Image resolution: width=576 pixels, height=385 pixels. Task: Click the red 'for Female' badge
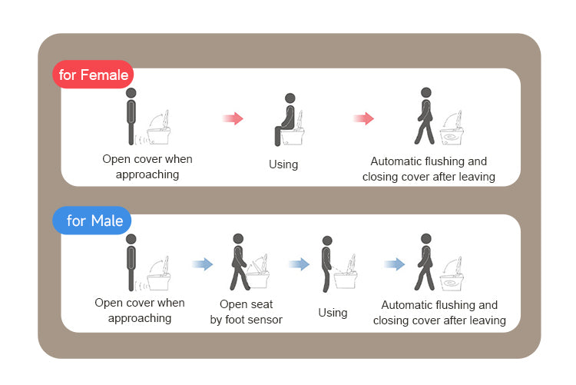click(94, 76)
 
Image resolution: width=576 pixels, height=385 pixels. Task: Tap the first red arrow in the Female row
click(233, 118)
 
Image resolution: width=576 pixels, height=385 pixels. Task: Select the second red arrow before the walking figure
click(363, 118)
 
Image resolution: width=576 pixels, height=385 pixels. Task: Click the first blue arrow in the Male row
click(203, 264)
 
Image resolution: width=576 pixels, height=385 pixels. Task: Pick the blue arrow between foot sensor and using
click(299, 264)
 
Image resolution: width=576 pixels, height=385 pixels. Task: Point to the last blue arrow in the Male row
click(395, 264)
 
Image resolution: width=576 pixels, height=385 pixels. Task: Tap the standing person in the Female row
click(131, 116)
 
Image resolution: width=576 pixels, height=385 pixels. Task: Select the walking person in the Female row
click(424, 116)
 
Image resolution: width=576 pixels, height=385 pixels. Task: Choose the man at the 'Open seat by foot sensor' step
click(239, 262)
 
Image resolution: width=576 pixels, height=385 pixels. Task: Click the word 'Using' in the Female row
click(283, 164)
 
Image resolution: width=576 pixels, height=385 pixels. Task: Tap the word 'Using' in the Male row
click(333, 313)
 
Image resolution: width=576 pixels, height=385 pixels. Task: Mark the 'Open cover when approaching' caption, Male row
click(140, 310)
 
